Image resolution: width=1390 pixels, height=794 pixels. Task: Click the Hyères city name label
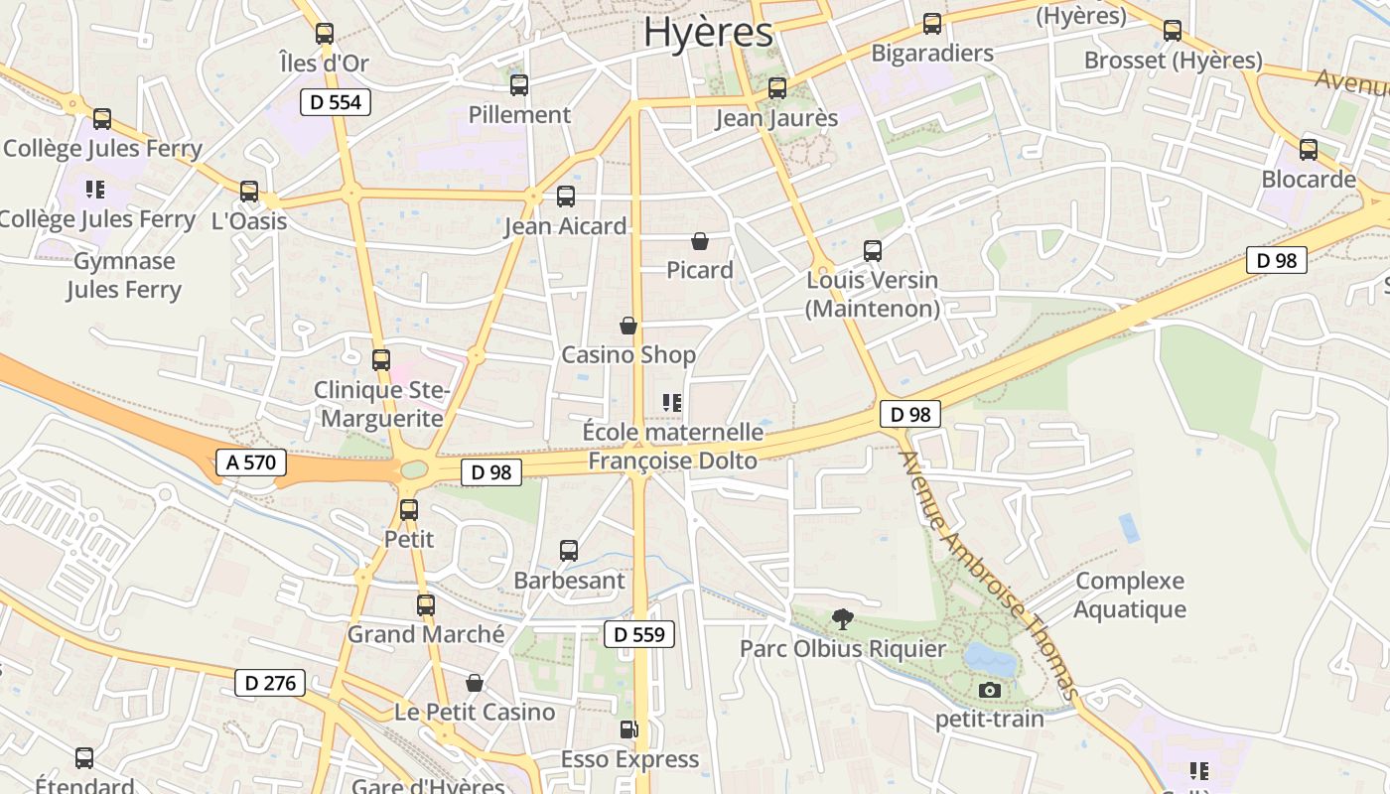pos(708,32)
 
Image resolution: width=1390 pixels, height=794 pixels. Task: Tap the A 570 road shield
pos(251,462)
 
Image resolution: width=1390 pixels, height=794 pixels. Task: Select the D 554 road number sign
pos(336,101)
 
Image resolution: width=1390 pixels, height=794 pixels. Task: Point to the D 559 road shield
pos(639,634)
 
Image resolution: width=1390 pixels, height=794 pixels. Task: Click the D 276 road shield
pos(270,683)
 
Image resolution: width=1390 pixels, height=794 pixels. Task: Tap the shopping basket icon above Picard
pos(700,241)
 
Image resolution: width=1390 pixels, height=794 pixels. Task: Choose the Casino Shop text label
pos(628,354)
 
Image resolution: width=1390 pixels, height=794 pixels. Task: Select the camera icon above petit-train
pos(989,691)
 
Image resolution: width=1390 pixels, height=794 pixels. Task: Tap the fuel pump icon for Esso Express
pos(629,730)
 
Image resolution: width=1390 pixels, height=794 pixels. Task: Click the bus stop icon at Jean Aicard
pos(566,197)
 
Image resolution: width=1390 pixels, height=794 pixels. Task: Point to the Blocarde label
pos(1309,180)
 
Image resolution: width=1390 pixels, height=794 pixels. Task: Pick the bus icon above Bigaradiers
pos(932,24)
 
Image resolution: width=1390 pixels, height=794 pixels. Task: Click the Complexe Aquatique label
pos(1130,595)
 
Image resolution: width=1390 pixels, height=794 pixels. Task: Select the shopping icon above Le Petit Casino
pos(475,683)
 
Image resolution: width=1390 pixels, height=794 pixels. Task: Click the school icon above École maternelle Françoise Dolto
pos(672,402)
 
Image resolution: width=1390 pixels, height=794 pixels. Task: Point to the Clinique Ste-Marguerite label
pos(382,404)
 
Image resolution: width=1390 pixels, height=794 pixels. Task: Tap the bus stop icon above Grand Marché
pos(426,604)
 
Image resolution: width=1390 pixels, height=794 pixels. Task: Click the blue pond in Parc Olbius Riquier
pos(990,658)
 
